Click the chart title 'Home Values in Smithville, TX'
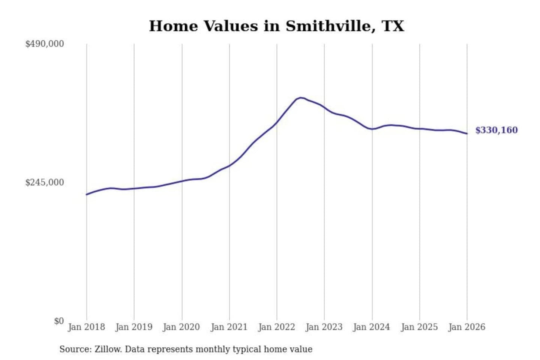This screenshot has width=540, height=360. point(276,26)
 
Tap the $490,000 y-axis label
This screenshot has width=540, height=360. point(45,44)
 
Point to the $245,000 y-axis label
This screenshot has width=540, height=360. point(45,183)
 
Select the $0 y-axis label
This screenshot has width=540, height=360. point(59,321)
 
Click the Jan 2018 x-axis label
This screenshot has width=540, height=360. point(86,327)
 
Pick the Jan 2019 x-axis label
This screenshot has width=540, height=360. point(134,327)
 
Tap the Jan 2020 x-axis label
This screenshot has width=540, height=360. point(181,327)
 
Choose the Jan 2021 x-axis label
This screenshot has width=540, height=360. point(229,327)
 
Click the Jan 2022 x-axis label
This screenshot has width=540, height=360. point(277,327)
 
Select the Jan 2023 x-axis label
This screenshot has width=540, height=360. point(324,327)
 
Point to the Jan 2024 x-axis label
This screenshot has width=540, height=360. point(372,327)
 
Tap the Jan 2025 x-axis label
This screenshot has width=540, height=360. point(419,327)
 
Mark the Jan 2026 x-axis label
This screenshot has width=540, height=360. point(467,327)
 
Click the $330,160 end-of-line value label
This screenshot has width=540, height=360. point(496,130)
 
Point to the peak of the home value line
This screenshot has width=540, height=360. point(300,97)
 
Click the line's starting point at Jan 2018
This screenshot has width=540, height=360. point(87,194)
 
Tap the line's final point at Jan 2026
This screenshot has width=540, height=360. point(467,133)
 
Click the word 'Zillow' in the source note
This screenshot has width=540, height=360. point(108,349)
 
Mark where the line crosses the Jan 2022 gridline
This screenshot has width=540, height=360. point(277,122)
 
